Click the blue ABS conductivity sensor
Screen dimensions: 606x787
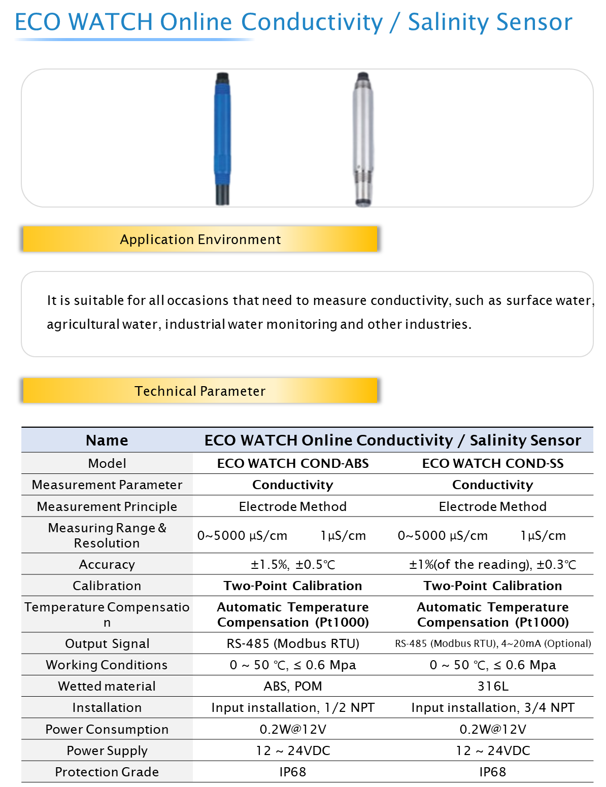point(222,139)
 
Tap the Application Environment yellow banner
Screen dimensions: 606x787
point(200,239)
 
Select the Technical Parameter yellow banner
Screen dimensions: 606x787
point(200,390)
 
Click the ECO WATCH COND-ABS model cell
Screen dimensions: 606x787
point(293,463)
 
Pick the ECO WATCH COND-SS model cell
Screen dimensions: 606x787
point(493,463)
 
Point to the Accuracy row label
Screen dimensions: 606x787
point(107,564)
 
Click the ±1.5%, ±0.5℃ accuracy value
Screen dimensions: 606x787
point(293,564)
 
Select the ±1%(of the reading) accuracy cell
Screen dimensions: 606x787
point(493,564)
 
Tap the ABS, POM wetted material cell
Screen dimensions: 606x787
point(293,686)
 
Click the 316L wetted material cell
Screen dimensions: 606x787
point(493,686)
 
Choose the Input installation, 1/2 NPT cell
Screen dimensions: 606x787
point(293,707)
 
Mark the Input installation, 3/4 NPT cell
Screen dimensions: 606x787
point(493,707)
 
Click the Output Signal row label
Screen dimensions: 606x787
point(107,643)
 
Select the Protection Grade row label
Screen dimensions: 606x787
point(107,772)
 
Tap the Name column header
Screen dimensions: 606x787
point(107,440)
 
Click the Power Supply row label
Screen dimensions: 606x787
point(107,750)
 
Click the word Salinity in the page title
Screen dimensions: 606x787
point(449,22)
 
